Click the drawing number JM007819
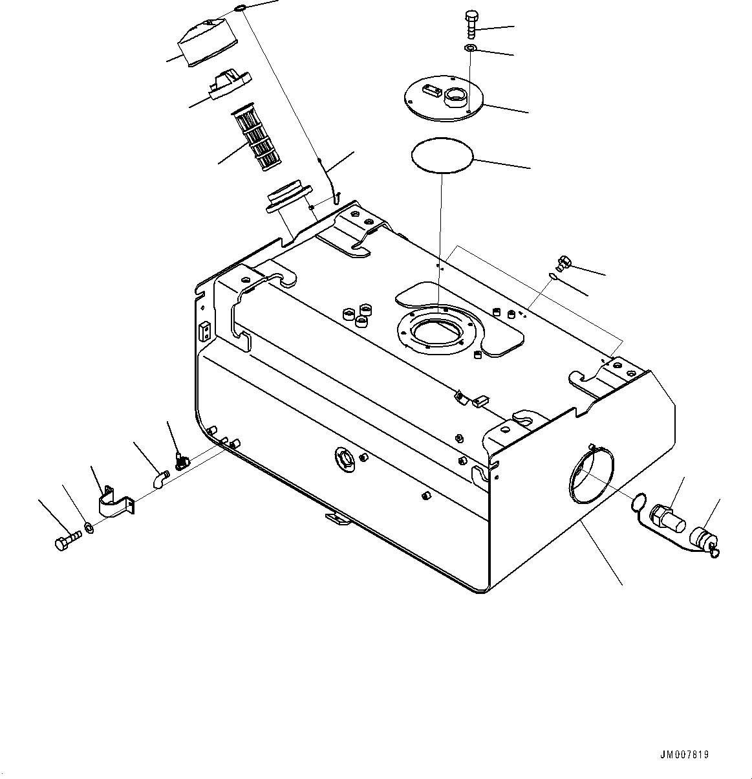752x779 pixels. click(684, 754)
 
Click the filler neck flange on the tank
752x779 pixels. click(288, 196)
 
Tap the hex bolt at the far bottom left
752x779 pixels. click(67, 540)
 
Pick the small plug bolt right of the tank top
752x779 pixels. click(562, 263)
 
